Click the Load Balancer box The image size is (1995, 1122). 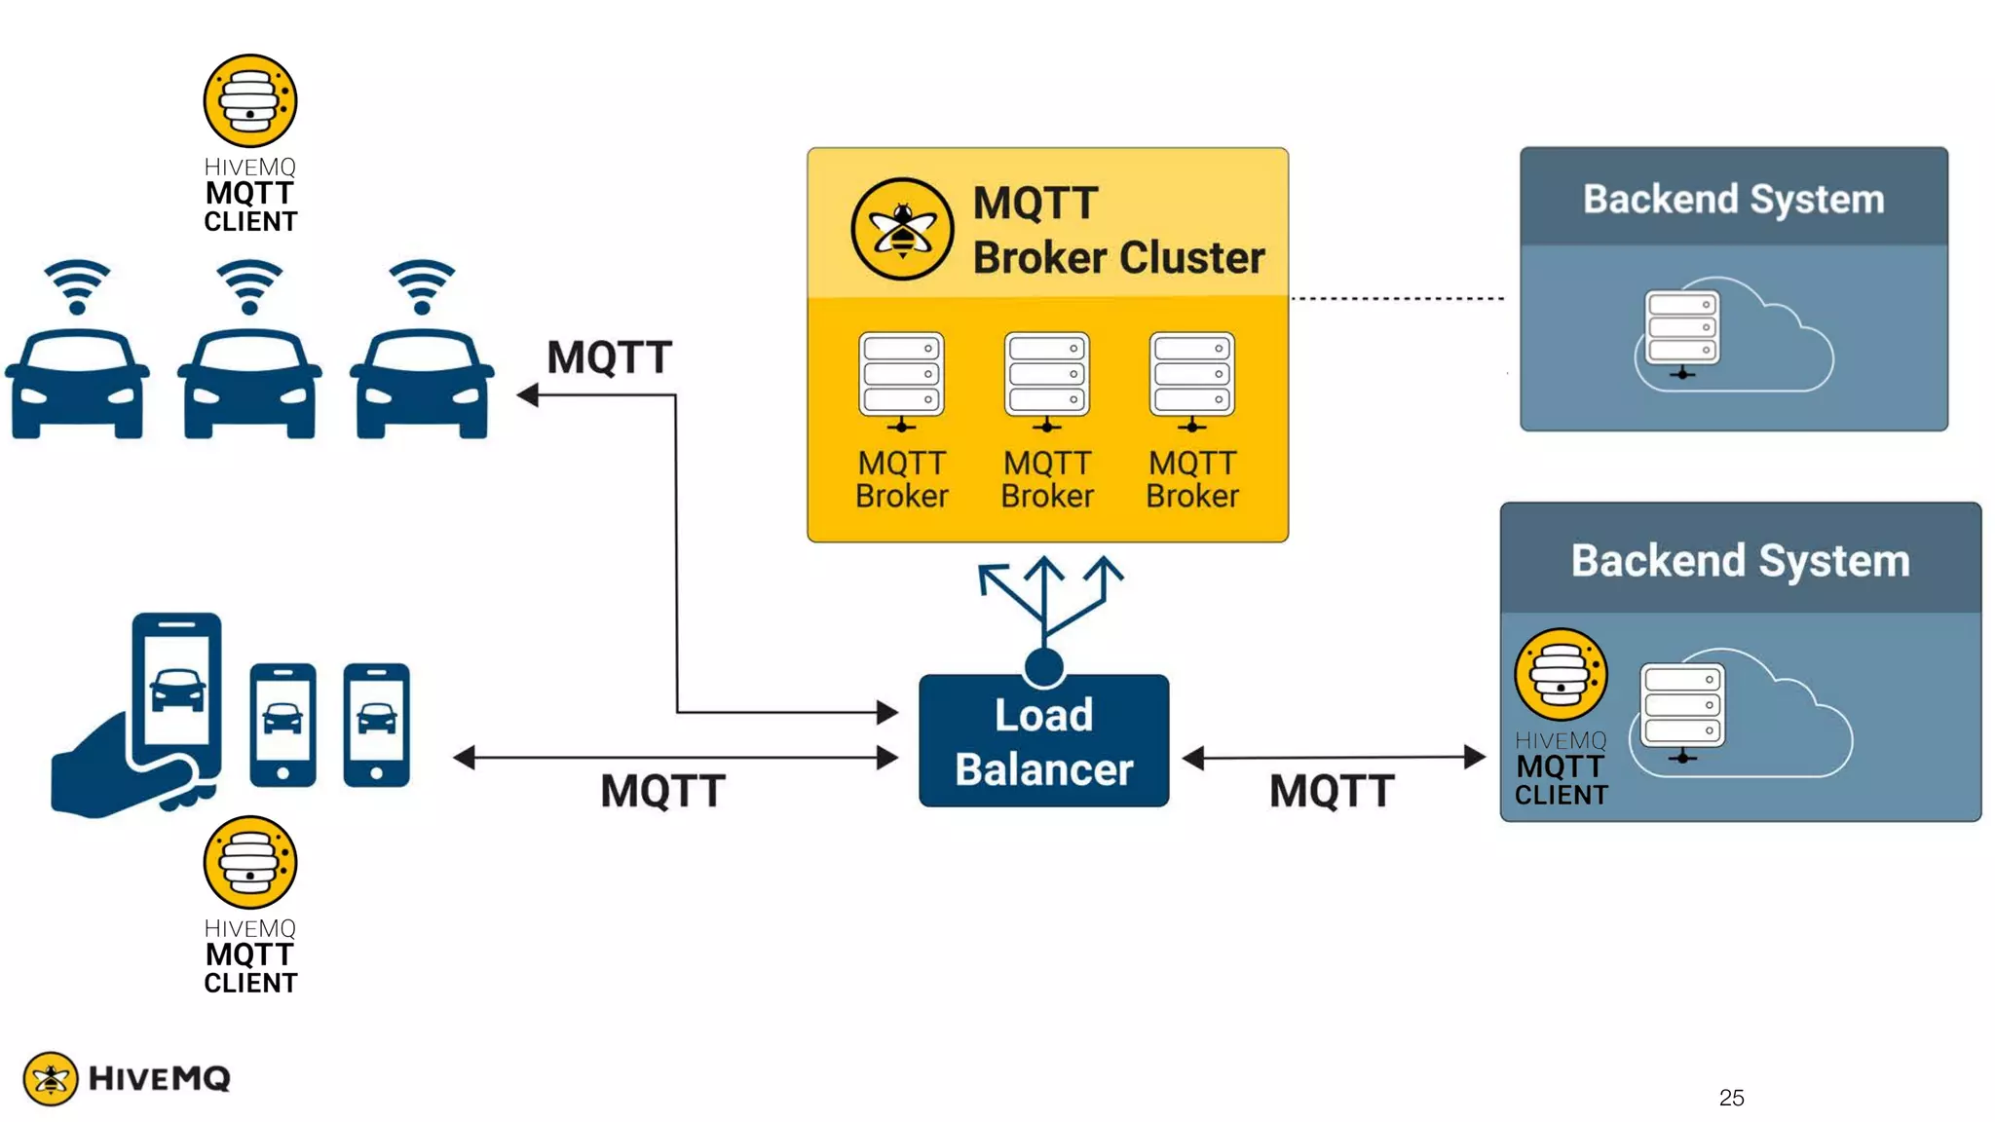tap(1043, 740)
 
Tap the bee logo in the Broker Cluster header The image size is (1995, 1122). tap(902, 229)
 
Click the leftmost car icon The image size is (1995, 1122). tap(77, 384)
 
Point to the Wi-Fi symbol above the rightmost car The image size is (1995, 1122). tap(422, 286)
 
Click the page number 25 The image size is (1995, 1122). tap(1731, 1098)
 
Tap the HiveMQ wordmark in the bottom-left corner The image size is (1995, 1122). tap(159, 1078)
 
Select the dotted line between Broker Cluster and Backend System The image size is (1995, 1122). tap(1398, 298)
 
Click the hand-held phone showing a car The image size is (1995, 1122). tap(176, 693)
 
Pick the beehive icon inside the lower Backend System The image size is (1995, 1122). tap(1561, 675)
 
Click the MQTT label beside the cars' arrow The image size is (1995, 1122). tap(609, 357)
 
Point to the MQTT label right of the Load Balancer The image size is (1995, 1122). tap(1332, 791)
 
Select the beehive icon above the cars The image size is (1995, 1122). tap(250, 101)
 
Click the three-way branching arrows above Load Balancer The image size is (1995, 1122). tap(1046, 599)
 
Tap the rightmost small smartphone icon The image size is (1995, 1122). tap(377, 725)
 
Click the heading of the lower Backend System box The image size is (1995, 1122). tap(1740, 561)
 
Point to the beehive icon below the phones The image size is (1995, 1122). tap(250, 863)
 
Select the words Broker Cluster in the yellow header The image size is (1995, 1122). tap(1118, 257)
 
